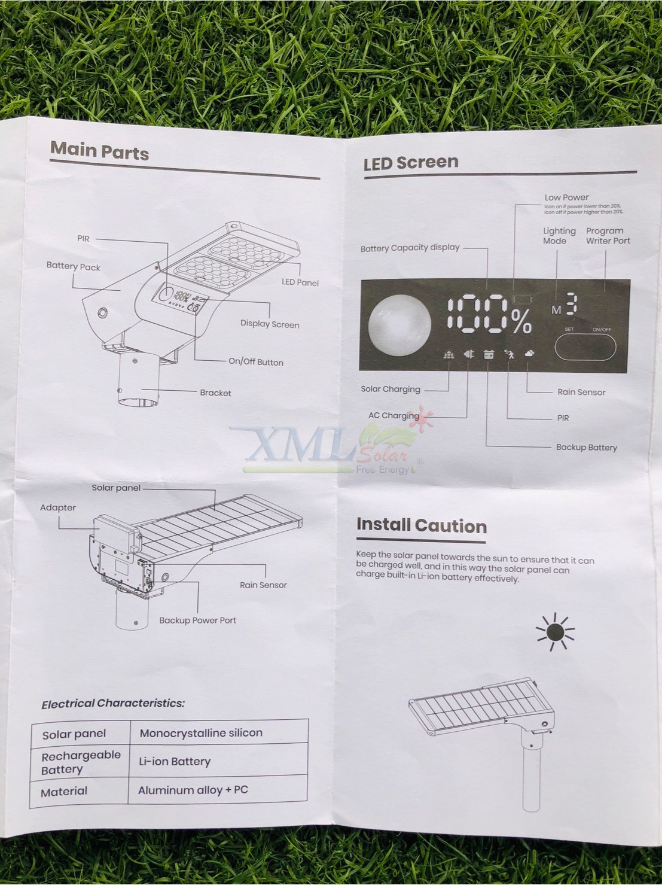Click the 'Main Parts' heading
pyautogui.click(x=99, y=151)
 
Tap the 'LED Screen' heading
pyautogui.click(x=411, y=163)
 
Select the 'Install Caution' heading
pyautogui.click(x=422, y=525)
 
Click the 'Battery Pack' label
pyautogui.click(x=74, y=266)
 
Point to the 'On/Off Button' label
pyautogui.click(x=256, y=361)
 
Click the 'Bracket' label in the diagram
pyautogui.click(x=215, y=393)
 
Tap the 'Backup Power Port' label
pyautogui.click(x=197, y=620)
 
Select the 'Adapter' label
pyautogui.click(x=57, y=507)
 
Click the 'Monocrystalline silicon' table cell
pyautogui.click(x=201, y=732)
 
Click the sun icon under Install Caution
pyautogui.click(x=555, y=632)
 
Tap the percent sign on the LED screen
pyautogui.click(x=522, y=321)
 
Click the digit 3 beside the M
pyautogui.click(x=572, y=304)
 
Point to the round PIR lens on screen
pyautogui.click(x=399, y=325)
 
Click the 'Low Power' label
pyautogui.click(x=566, y=197)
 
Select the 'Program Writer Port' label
pyautogui.click(x=608, y=236)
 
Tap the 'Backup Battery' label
pyautogui.click(x=587, y=447)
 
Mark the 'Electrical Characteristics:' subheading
pyautogui.click(x=113, y=704)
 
